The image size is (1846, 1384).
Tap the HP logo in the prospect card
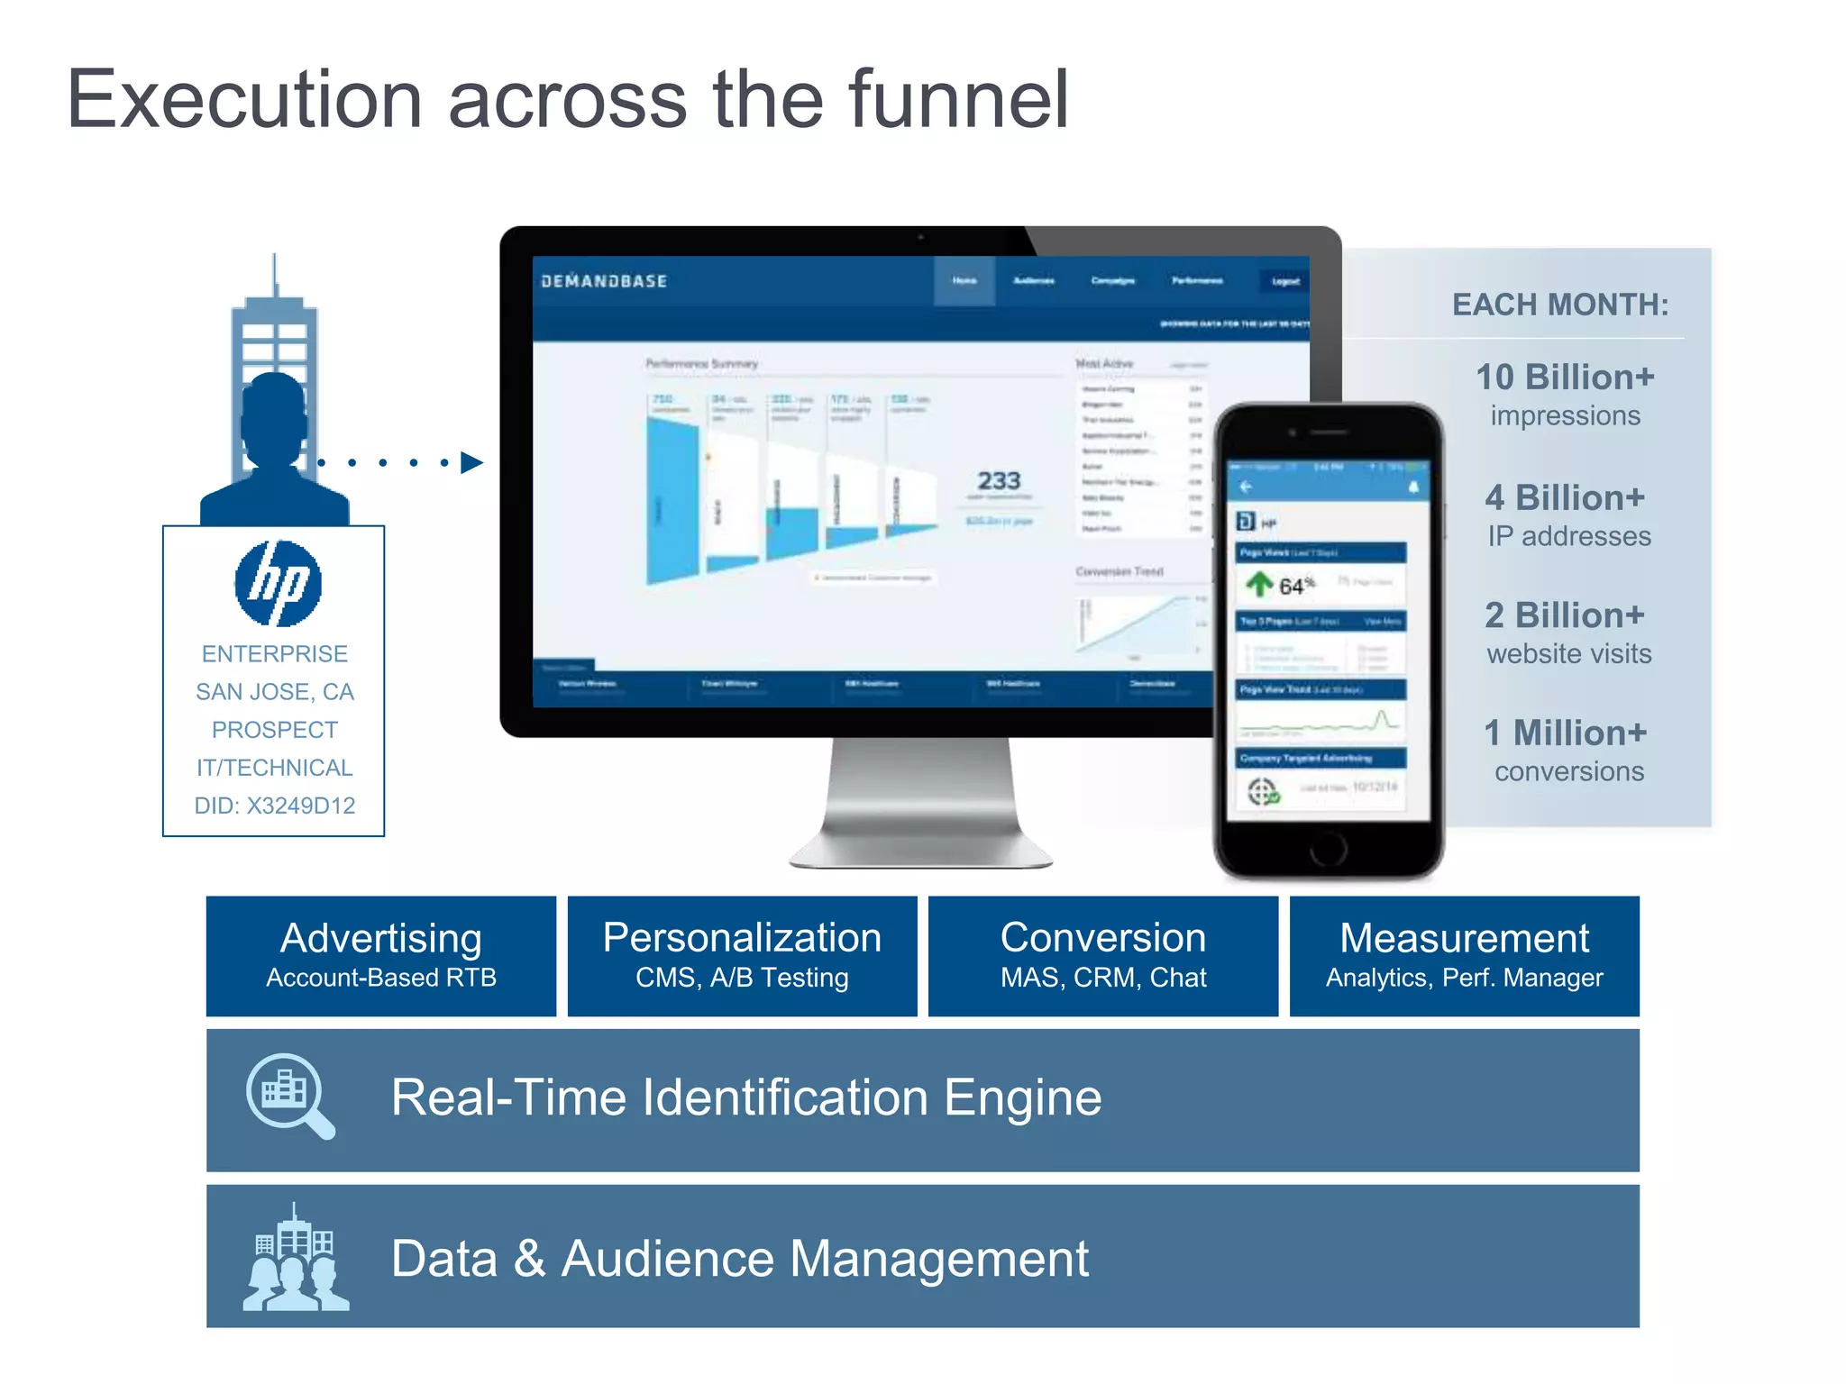pyautogui.click(x=278, y=583)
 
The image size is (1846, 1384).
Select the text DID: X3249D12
pyautogui.click(x=275, y=806)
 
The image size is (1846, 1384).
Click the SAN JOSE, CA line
pyautogui.click(x=275, y=692)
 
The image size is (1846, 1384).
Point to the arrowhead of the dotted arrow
pyautogui.click(x=471, y=462)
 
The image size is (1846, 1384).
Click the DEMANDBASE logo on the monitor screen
pyautogui.click(x=604, y=281)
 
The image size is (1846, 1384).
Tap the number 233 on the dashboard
pyautogui.click(x=999, y=480)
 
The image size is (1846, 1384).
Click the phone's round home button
pyautogui.click(x=1328, y=847)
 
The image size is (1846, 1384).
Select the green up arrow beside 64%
pyautogui.click(x=1259, y=584)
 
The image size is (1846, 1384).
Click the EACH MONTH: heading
pyautogui.click(x=1560, y=305)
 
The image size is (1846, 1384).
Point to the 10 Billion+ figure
pyautogui.click(x=1565, y=377)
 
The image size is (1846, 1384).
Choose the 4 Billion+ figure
pyautogui.click(x=1565, y=497)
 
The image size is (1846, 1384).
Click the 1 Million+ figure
pyautogui.click(x=1565, y=733)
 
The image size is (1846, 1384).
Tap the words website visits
pyautogui.click(x=1568, y=653)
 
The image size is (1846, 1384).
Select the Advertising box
pyautogui.click(x=381, y=955)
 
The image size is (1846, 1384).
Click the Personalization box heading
pyautogui.click(x=742, y=938)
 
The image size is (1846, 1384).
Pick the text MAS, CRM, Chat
pyautogui.click(x=1103, y=978)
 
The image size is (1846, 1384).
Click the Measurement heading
pyautogui.click(x=1464, y=938)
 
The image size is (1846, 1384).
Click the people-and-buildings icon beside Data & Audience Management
pyautogui.click(x=295, y=1258)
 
